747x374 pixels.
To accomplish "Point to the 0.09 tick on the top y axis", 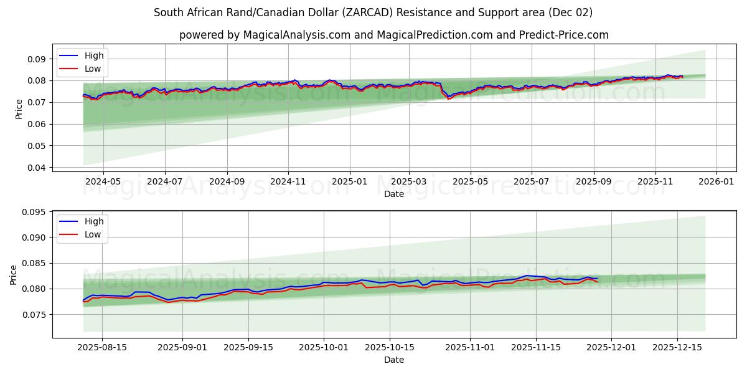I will [37, 59].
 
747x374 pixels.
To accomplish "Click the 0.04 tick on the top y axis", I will [37, 168].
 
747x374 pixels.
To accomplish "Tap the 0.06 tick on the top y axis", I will [37, 124].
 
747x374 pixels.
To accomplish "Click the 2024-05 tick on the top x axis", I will [103, 181].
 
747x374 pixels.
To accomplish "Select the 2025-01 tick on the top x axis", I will [349, 181].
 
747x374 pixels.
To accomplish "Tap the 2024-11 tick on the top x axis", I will [288, 181].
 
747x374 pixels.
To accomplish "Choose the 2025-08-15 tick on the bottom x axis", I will [102, 347].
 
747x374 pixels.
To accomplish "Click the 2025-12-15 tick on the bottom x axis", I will [675, 347].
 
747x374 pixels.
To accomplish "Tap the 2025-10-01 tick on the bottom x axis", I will [324, 347].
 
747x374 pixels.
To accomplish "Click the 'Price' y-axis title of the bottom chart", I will [14, 274].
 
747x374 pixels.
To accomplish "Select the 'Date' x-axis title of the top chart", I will [393, 194].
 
